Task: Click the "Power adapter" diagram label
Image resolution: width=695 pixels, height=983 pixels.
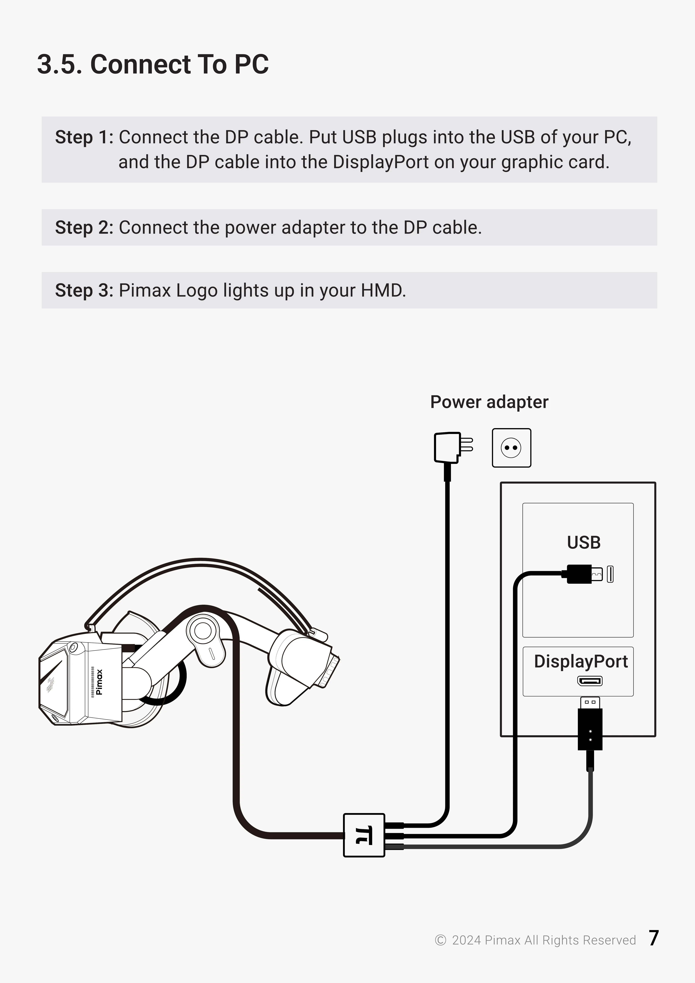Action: pos(489,402)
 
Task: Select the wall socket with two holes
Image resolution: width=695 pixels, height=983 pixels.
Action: pos(511,448)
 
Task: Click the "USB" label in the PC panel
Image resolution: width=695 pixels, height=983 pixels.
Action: pos(584,542)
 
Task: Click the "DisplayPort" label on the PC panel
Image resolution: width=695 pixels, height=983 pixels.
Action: pos(581,661)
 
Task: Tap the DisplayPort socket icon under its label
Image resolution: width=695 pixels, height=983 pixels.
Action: pos(590,681)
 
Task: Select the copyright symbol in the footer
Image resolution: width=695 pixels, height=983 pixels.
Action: pos(440,940)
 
